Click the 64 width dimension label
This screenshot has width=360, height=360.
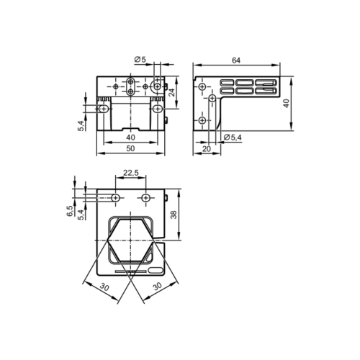[x=236, y=60]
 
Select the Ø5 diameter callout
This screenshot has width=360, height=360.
[x=140, y=59]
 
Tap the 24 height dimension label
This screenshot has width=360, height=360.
[x=171, y=92]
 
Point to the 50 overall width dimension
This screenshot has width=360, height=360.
[x=130, y=148]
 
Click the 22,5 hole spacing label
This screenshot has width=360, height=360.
[x=131, y=173]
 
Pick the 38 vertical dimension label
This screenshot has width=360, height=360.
[x=174, y=215]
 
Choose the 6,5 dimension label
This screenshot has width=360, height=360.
[x=70, y=211]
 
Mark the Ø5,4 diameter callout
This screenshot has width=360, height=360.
[x=233, y=138]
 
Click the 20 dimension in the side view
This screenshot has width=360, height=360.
[x=207, y=149]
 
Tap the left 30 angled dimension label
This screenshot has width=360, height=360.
[x=104, y=287]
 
